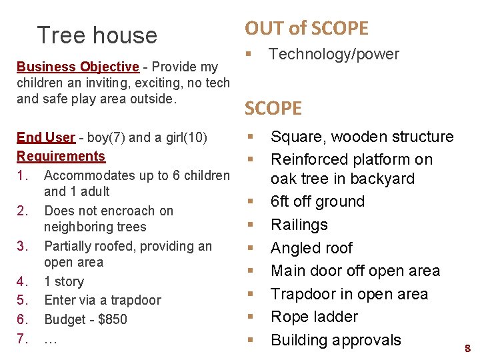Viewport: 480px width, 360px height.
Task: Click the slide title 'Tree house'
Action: (x=97, y=35)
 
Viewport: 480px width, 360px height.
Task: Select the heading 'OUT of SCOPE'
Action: (x=306, y=28)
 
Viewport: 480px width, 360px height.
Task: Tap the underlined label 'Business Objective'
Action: (x=77, y=67)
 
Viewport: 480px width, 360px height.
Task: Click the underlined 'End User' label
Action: (x=46, y=137)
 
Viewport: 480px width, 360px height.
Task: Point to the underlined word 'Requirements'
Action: (x=61, y=156)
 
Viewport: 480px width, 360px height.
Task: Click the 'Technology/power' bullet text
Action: (x=333, y=55)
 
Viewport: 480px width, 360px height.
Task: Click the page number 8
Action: (x=467, y=348)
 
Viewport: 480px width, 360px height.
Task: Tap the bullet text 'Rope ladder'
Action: (x=314, y=317)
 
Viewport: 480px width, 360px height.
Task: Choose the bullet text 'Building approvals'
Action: (x=335, y=340)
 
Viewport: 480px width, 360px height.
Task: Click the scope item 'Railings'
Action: (x=299, y=225)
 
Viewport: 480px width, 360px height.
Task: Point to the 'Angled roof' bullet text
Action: (x=311, y=248)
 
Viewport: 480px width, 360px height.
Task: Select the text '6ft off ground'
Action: (x=317, y=201)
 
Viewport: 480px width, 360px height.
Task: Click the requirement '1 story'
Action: (x=64, y=281)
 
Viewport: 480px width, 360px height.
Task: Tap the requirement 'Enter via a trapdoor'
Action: (x=102, y=300)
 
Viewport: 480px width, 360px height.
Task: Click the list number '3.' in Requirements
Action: (x=23, y=246)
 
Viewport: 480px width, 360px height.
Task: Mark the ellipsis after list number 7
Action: (x=50, y=338)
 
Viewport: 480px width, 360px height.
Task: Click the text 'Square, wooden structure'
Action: (x=361, y=137)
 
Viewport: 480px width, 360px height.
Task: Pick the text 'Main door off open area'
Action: (x=355, y=271)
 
